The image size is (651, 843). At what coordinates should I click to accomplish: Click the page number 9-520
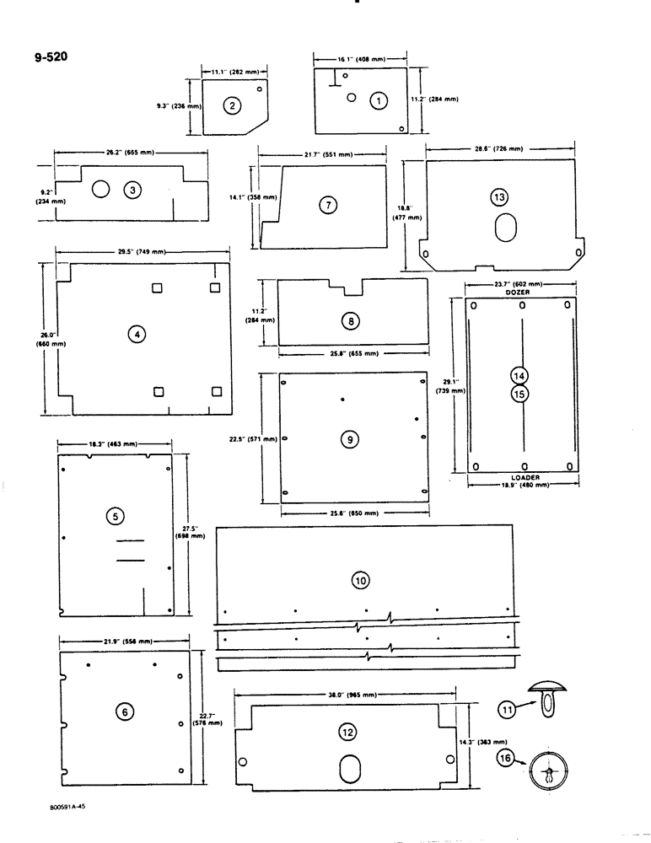click(x=51, y=58)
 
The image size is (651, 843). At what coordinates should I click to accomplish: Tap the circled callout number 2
click(x=232, y=105)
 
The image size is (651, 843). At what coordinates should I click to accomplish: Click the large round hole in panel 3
click(x=100, y=189)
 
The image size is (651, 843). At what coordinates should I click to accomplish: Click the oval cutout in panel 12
click(x=349, y=768)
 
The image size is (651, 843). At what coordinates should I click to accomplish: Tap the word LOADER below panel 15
click(x=525, y=477)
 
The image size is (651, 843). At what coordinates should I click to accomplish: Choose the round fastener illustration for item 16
click(x=548, y=771)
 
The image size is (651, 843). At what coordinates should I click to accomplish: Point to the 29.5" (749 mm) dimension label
click(x=142, y=252)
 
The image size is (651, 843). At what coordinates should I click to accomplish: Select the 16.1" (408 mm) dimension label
click(x=361, y=61)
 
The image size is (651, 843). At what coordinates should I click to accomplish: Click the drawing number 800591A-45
click(x=68, y=806)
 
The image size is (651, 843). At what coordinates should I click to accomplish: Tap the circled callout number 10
click(x=360, y=580)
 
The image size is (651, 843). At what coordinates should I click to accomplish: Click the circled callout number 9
click(x=351, y=438)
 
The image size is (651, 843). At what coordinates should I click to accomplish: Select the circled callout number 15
click(x=519, y=393)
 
